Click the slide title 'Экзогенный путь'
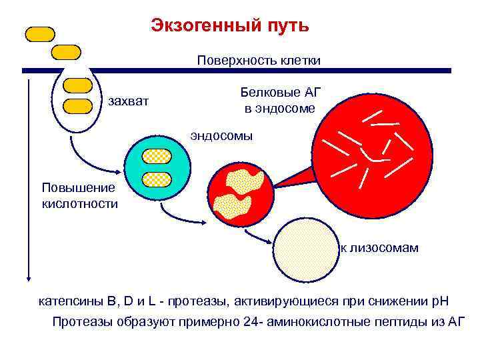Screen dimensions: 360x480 (x=230, y=25)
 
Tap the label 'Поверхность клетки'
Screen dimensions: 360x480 (x=259, y=61)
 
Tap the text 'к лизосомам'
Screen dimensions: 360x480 (x=379, y=248)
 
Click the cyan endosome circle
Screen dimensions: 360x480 (x=158, y=167)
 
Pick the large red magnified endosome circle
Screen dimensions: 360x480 (x=373, y=153)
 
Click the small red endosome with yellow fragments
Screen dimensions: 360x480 (x=240, y=194)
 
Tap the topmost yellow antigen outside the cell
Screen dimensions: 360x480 (x=41, y=34)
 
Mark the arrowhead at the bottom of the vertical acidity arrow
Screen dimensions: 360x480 (x=29, y=278)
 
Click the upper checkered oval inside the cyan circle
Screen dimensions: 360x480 (x=157, y=156)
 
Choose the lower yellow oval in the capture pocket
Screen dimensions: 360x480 (x=78, y=105)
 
